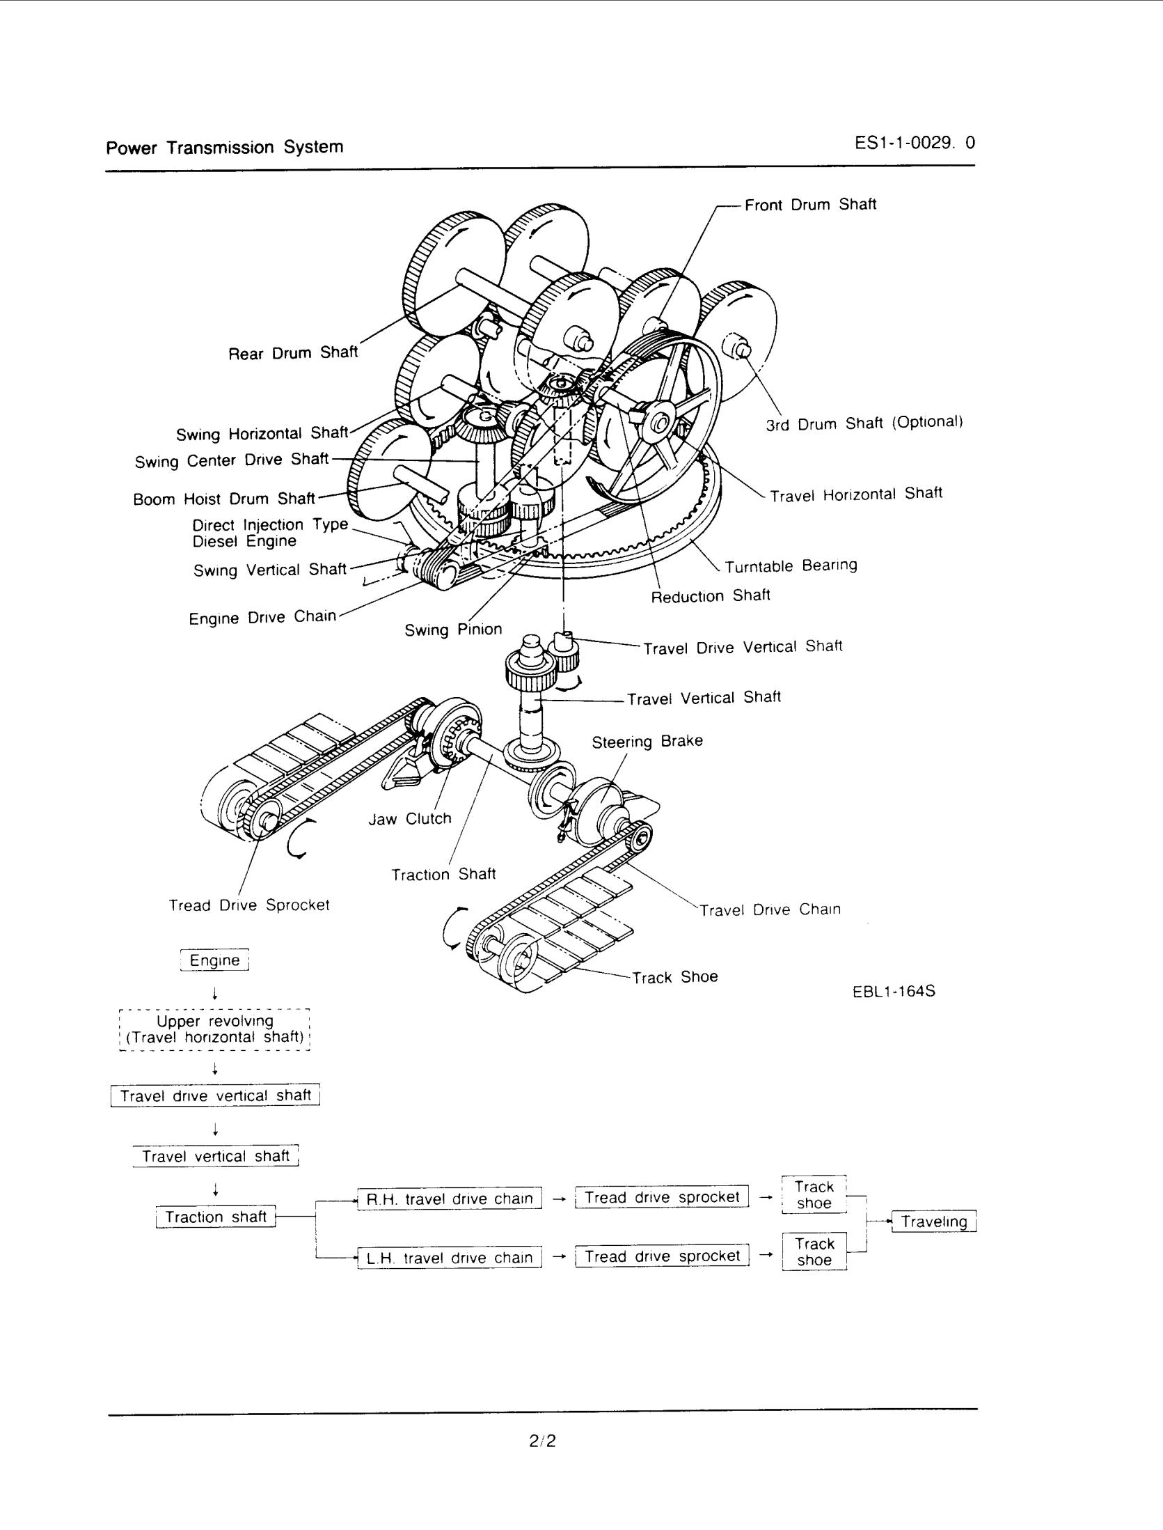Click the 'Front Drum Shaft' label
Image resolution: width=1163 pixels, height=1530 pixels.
coord(809,205)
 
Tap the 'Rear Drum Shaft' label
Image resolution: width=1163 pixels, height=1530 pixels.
coord(293,353)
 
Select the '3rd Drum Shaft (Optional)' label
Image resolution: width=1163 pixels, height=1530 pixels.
coord(864,423)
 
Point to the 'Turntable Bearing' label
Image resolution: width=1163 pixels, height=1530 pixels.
coord(791,565)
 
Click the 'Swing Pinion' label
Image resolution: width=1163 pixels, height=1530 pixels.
coord(453,630)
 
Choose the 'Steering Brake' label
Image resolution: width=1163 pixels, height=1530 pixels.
coord(647,741)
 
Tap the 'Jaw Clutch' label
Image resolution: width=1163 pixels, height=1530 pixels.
coord(410,819)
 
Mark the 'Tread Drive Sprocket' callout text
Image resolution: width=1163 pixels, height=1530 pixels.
coord(248,905)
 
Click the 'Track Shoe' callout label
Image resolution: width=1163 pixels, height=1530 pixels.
coord(674,977)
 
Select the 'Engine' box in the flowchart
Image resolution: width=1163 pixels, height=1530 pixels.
coord(214,960)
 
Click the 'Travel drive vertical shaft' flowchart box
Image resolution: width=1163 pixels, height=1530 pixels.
coord(215,1095)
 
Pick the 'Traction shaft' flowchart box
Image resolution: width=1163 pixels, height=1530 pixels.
coord(216,1217)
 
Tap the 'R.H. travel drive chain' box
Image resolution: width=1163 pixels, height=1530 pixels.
coord(450,1199)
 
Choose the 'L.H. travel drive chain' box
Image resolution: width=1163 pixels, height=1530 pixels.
coord(450,1258)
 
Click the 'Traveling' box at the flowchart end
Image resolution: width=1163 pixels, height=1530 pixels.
coord(934,1221)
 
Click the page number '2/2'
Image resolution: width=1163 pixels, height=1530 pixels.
coord(543,1441)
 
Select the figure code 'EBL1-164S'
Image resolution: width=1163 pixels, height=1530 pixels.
coord(894,990)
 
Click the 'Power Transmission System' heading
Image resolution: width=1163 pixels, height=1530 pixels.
coord(224,148)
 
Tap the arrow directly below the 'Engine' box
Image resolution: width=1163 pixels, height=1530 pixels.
coord(216,992)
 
